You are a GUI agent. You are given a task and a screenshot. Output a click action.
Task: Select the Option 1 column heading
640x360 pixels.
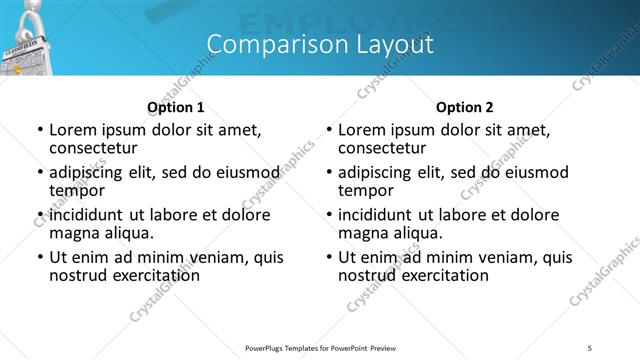click(175, 107)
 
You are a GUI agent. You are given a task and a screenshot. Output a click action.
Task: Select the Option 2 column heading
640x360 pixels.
click(464, 107)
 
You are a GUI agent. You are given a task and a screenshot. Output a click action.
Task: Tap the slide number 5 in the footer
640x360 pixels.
click(590, 346)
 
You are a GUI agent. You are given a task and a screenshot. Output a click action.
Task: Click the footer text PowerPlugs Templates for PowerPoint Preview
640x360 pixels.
click(320, 346)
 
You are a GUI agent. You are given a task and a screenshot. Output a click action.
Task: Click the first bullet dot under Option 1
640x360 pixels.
click(40, 130)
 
